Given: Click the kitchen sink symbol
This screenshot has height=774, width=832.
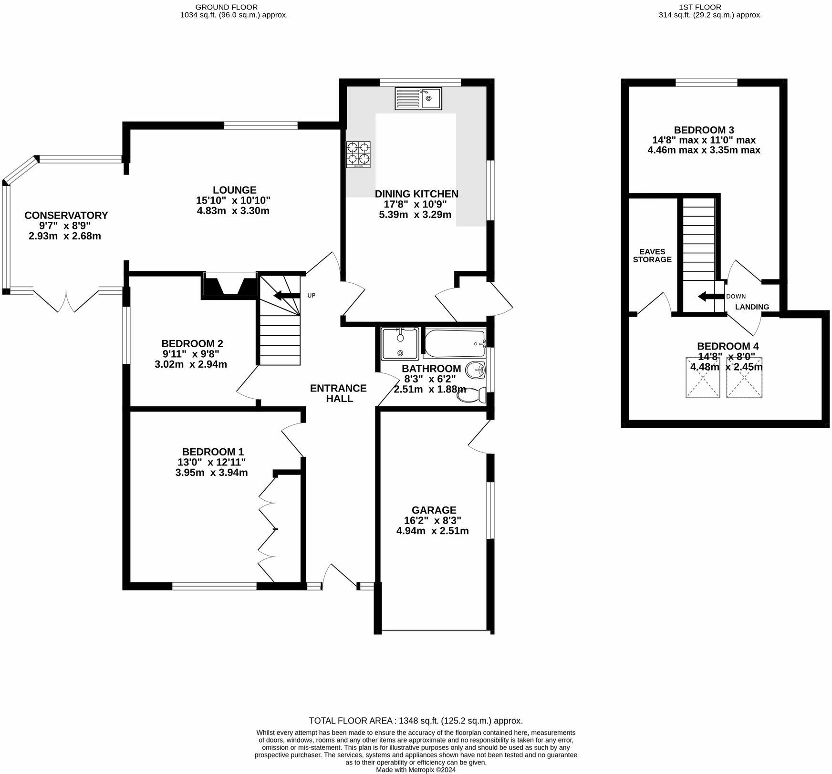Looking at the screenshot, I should (418, 98).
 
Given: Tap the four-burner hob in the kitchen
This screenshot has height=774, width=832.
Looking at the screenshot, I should (358, 154).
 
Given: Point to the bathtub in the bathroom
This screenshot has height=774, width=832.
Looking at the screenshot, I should (454, 343).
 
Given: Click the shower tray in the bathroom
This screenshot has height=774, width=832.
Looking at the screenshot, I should (400, 343).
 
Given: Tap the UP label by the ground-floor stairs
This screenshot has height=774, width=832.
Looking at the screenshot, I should (311, 295).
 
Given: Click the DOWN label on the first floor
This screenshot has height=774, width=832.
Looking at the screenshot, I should (736, 296).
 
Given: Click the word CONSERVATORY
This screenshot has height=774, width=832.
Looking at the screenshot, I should (66, 215).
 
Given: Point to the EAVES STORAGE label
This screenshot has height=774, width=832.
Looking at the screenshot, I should (652, 256).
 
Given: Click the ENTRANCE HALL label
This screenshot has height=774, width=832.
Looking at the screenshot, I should (338, 393).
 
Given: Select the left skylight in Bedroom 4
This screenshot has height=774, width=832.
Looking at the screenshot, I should (703, 377).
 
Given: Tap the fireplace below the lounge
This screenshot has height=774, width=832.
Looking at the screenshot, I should (229, 285).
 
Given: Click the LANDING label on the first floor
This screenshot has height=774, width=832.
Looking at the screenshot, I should (752, 307).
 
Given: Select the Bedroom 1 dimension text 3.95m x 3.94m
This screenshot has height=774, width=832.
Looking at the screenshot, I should (211, 473).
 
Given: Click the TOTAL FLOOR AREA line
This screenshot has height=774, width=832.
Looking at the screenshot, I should (416, 721).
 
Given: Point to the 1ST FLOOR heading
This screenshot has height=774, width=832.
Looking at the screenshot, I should (700, 7).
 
